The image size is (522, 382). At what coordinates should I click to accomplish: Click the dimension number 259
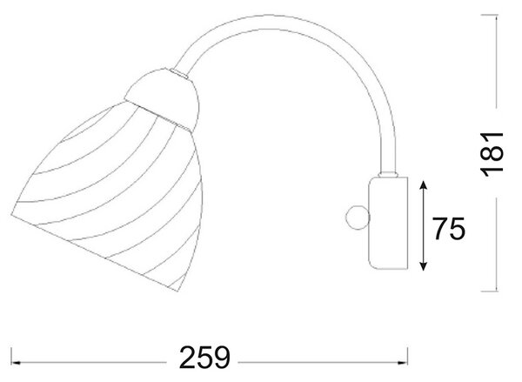(x=204, y=358)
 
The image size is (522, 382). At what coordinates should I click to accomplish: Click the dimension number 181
(x=492, y=153)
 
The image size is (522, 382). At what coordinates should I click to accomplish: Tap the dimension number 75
(x=449, y=229)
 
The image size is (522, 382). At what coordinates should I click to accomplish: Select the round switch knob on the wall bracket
(x=358, y=218)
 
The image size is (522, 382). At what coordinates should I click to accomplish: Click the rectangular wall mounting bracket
(x=388, y=223)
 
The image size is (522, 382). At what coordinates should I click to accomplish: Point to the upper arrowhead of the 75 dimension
(x=423, y=185)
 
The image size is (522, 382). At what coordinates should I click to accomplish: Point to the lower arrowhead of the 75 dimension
(x=423, y=265)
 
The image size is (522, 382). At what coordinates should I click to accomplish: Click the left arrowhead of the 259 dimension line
(x=17, y=362)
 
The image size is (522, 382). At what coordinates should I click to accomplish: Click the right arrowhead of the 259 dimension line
(x=403, y=362)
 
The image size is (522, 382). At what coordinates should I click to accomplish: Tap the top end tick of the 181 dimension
(x=490, y=15)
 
